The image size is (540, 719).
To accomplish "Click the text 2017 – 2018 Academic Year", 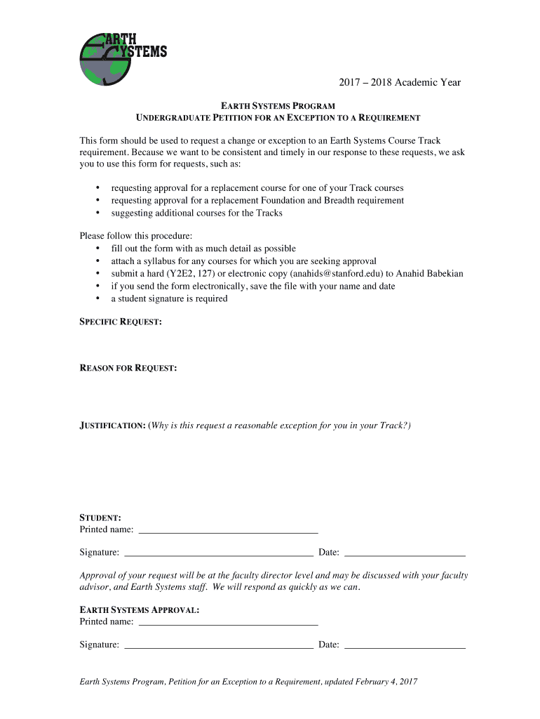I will pos(400,82).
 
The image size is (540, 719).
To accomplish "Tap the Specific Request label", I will pos(121,322).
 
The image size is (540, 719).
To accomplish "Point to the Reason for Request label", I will pos(128,368).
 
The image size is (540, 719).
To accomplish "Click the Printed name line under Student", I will pos(228,529).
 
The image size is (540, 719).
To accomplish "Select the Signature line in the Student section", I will pos(218,553).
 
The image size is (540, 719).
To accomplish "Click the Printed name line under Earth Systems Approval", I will pos(228,621).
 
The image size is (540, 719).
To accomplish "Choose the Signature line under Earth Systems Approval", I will pos(218,645).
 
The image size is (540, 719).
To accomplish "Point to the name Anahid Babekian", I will pos(430,273).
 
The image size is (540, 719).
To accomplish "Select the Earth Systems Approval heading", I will pos(140,610).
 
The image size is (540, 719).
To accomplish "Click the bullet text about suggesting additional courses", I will pos(196,213).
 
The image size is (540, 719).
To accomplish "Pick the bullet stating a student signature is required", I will pos(169,298).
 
